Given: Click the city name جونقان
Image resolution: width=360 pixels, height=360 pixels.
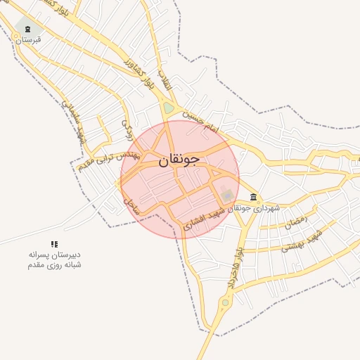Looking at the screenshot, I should pos(179,159).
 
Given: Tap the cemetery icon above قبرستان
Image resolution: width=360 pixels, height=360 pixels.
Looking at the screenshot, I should pos(27,29).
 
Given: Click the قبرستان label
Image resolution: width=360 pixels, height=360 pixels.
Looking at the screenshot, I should pos(28,40).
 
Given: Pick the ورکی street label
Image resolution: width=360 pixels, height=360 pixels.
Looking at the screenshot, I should pos(127,128).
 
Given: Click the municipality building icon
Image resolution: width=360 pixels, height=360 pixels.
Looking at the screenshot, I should pos(253,198).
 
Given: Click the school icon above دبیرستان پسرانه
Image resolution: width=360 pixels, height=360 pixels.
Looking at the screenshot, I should pos(55,243).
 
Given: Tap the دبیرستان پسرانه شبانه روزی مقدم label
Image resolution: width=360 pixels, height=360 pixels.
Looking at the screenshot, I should pos(55,259).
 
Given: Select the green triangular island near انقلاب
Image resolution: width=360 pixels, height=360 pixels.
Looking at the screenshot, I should pos(169,108).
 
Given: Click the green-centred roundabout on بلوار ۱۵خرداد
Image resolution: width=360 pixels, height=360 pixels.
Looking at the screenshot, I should pos(225,303).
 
